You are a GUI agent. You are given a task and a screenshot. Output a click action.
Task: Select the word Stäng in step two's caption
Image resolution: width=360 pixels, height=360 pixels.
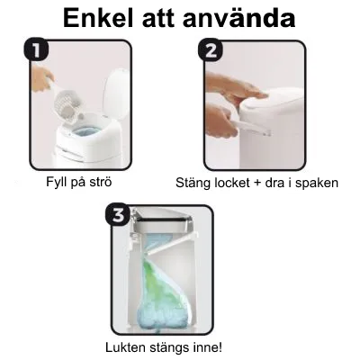tap(194, 184)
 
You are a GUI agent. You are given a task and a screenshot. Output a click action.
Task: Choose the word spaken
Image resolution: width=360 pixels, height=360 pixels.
tap(319, 184)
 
